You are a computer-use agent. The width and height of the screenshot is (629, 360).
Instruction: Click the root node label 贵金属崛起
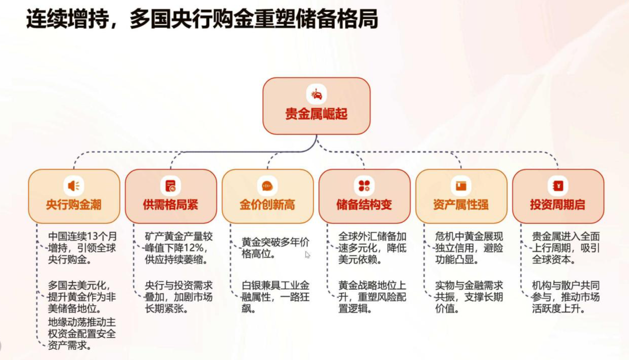(x=317, y=114)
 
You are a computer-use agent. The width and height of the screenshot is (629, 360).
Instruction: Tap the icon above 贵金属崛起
(x=317, y=95)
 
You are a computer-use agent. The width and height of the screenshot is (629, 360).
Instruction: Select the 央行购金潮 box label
(x=74, y=205)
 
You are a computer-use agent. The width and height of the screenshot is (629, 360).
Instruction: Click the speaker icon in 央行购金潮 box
(x=74, y=186)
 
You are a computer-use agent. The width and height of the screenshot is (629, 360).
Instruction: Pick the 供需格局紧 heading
(x=171, y=205)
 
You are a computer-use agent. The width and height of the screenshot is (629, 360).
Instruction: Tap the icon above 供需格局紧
(x=171, y=186)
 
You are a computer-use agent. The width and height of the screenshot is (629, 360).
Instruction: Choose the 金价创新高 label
(x=267, y=205)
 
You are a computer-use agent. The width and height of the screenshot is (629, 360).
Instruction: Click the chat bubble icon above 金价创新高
(x=267, y=186)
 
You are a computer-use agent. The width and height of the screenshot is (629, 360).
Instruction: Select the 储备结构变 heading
(x=364, y=205)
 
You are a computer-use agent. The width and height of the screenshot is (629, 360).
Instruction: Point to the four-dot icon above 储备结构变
(x=364, y=186)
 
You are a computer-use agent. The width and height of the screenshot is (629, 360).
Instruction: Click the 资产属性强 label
(x=461, y=205)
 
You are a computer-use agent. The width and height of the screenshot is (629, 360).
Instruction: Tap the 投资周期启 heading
(x=558, y=205)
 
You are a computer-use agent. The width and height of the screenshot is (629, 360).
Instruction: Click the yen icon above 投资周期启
(x=558, y=186)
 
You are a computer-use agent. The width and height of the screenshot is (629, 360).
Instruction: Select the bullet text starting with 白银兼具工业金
(x=275, y=297)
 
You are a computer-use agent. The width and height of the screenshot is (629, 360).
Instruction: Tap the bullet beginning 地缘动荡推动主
(x=82, y=334)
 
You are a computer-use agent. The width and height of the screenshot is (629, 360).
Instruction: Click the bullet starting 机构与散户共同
(x=566, y=297)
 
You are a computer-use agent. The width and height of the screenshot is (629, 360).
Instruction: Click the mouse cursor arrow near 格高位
(x=307, y=254)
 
